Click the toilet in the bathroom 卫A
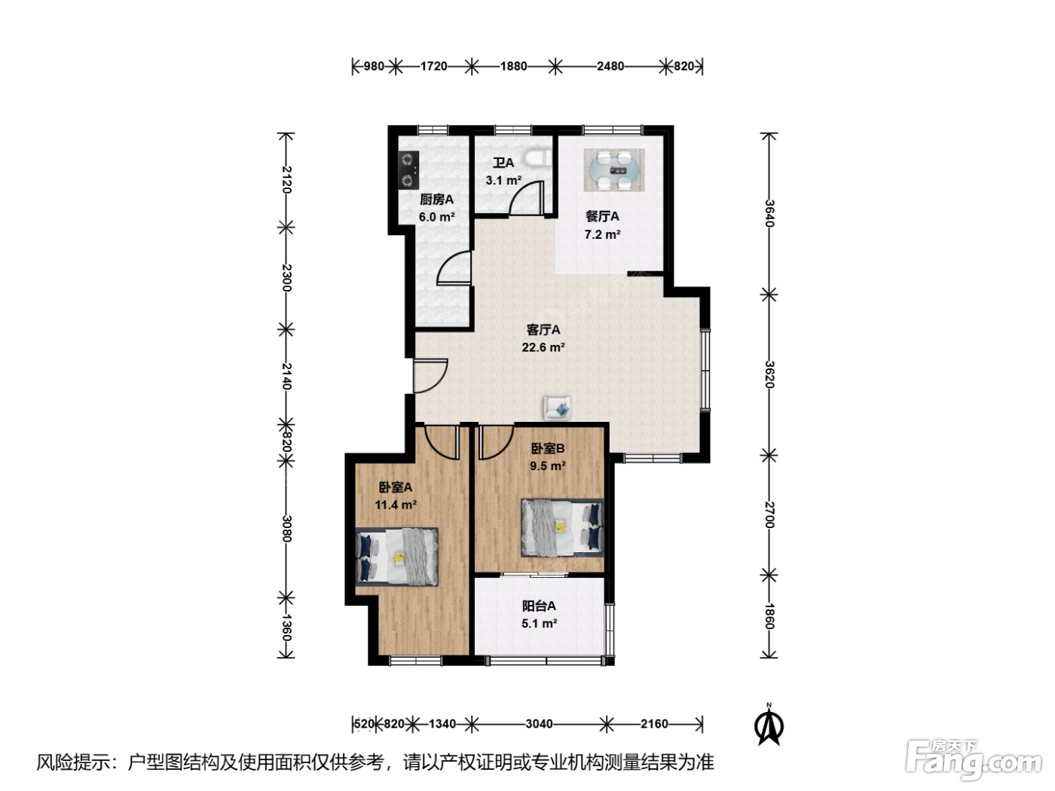(x=538, y=157)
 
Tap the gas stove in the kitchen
(x=408, y=169)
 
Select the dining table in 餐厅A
(x=613, y=170)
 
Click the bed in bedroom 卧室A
(x=396, y=557)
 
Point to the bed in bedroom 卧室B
(x=562, y=527)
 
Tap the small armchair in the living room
(x=557, y=409)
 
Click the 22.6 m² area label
(x=543, y=347)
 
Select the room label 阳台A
(x=539, y=606)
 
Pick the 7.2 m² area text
(x=602, y=234)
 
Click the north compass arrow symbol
(x=769, y=725)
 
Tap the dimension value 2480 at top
(x=610, y=66)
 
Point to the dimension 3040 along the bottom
(x=539, y=724)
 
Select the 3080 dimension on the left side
(x=287, y=528)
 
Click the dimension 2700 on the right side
(x=769, y=515)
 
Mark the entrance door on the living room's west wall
(x=430, y=376)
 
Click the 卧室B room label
(x=547, y=448)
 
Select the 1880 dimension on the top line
(x=513, y=66)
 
